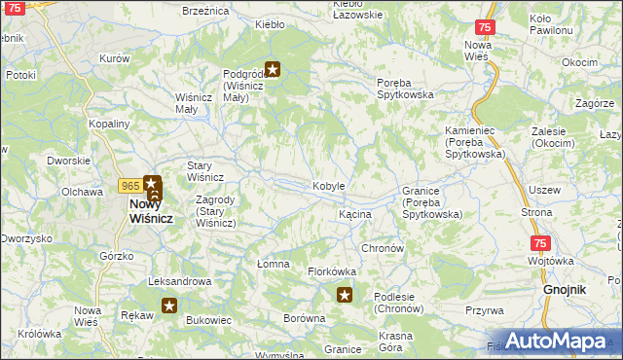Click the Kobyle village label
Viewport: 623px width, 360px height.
tap(328, 186)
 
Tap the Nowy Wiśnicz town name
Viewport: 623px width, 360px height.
tap(151, 212)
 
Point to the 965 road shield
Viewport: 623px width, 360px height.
tap(129, 185)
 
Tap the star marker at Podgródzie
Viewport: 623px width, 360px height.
tap(274, 69)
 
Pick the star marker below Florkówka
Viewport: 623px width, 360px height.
tap(344, 294)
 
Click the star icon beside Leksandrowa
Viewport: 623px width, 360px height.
tap(169, 306)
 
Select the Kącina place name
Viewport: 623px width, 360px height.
tap(354, 213)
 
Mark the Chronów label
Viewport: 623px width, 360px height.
tap(383, 248)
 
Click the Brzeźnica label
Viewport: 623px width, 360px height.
tap(205, 10)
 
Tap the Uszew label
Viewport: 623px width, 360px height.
tap(543, 190)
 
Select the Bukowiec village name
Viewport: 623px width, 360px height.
tap(207, 319)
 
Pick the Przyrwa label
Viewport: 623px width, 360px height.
tap(484, 310)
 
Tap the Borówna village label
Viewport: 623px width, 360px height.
tap(303, 318)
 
